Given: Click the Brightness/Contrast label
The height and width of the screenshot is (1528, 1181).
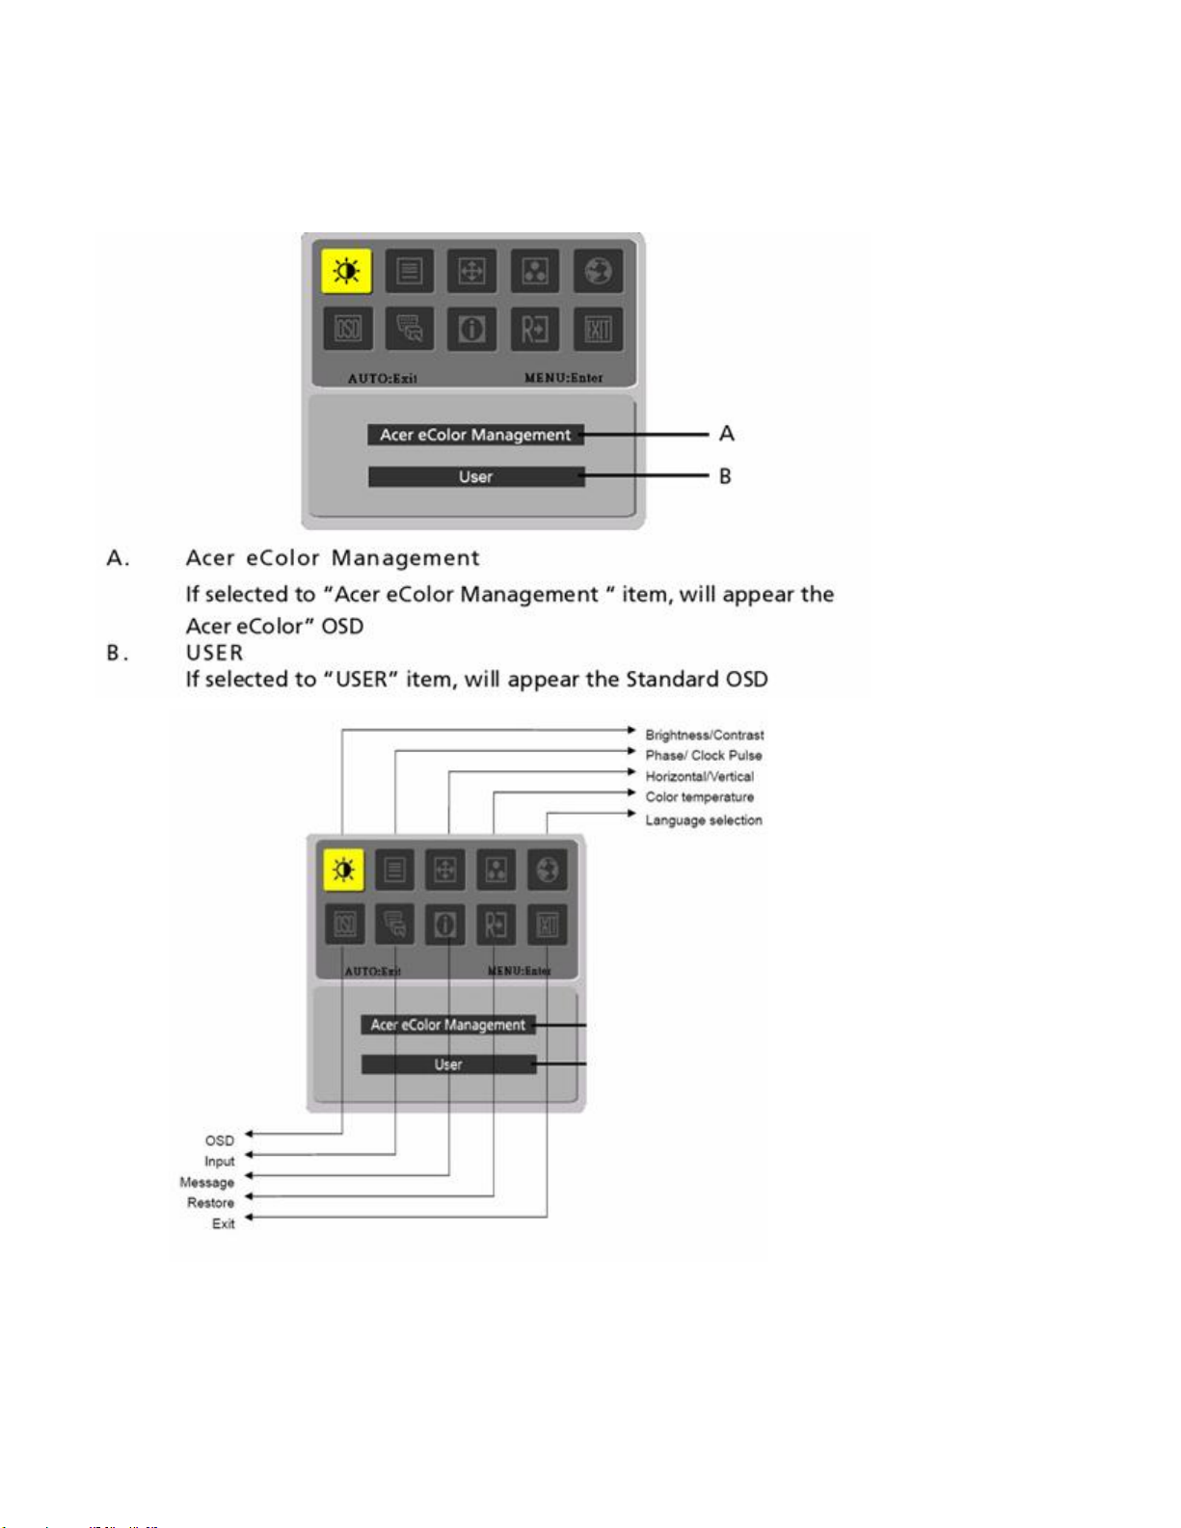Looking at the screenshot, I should click(x=704, y=735).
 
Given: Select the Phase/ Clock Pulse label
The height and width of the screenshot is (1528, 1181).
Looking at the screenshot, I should click(x=703, y=756).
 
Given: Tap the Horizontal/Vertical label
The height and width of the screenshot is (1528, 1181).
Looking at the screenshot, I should click(x=699, y=776).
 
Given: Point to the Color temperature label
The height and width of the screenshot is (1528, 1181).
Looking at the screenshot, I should click(x=699, y=797).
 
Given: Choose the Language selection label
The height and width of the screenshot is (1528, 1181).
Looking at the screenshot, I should click(x=703, y=820).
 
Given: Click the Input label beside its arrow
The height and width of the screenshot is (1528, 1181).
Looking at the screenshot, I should click(x=219, y=1162).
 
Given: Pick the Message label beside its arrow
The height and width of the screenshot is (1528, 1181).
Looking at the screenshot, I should click(x=206, y=1183).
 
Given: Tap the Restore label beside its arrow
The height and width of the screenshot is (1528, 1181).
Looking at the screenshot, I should click(x=210, y=1203).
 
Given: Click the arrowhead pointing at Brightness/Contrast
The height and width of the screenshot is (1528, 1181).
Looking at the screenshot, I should click(x=631, y=731).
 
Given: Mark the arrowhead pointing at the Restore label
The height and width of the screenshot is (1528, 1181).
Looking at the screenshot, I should click(x=249, y=1197).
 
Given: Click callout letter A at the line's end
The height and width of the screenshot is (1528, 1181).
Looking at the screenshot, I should click(x=727, y=434).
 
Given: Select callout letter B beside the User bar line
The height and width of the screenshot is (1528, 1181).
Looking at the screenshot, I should click(x=725, y=476).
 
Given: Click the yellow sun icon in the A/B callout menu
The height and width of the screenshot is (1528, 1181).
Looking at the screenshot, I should click(x=346, y=271).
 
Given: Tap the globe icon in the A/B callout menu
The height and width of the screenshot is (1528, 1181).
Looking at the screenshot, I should click(x=598, y=271).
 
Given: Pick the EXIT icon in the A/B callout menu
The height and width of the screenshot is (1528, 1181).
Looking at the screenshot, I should click(x=598, y=330).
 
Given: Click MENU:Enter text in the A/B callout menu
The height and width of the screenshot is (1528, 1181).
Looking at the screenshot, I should click(x=563, y=378).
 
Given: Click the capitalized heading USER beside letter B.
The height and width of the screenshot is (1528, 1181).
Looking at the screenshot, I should click(x=214, y=653).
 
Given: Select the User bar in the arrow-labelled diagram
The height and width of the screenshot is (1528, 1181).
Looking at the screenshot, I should click(x=448, y=1064).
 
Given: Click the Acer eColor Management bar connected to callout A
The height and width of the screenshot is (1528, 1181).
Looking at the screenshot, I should click(x=475, y=435).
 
